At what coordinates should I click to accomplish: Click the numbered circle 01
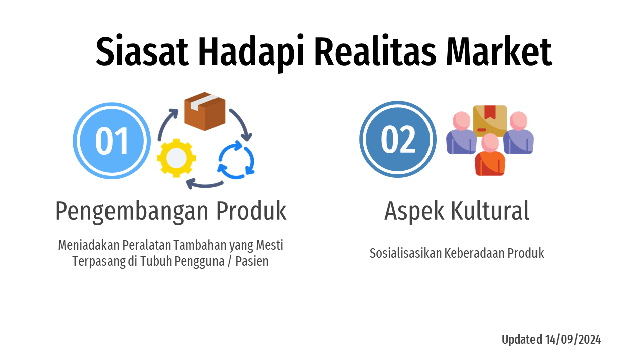pyautogui.click(x=112, y=141)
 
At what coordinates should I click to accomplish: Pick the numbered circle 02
pyautogui.click(x=398, y=139)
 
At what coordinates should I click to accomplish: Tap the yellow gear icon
pyautogui.click(x=176, y=157)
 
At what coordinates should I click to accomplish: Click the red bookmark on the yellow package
pyautogui.click(x=490, y=111)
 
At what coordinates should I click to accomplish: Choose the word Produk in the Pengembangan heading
pyautogui.click(x=251, y=211)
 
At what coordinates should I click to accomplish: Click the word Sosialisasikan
pyautogui.click(x=405, y=253)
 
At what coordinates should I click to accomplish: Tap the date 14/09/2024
pyautogui.click(x=573, y=340)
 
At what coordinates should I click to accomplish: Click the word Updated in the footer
pyautogui.click(x=521, y=340)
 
